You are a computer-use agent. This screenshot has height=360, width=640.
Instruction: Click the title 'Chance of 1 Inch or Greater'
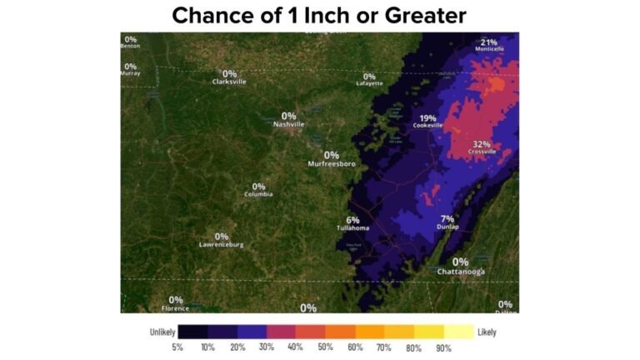pos(319,15)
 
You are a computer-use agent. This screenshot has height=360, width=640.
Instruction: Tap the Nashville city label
pos(289,124)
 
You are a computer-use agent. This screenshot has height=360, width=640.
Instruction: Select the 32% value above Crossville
pos(482,143)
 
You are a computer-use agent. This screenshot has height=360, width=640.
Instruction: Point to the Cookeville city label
pos(428,126)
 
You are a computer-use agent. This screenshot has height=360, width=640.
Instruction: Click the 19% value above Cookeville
pos(428,117)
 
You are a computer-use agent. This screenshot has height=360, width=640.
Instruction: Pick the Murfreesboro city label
pos(332,163)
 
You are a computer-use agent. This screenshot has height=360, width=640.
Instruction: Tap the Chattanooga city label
pos(461,272)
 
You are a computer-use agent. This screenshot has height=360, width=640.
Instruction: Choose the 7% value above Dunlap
pos(447,218)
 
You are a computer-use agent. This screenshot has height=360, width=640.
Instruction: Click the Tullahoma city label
pos(352,228)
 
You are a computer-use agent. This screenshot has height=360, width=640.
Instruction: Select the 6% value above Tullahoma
pos(352,220)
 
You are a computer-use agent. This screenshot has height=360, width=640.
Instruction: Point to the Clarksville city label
pos(229,82)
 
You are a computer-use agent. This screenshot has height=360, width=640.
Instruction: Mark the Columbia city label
pos(258,194)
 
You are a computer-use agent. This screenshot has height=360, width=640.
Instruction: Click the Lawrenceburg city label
pos(222,245)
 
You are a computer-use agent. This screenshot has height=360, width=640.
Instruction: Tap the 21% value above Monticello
pos(489,42)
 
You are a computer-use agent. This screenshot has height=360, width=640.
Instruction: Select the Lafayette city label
pos(369,83)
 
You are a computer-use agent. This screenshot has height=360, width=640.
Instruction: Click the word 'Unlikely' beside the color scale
pos(162,332)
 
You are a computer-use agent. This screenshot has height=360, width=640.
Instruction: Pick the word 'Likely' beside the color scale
pos(487,332)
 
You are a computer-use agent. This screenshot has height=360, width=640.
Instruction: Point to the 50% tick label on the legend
pos(325,347)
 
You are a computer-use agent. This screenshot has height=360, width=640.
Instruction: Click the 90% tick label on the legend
pos(443,347)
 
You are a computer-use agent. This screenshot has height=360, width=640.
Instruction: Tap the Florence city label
pos(176,308)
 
